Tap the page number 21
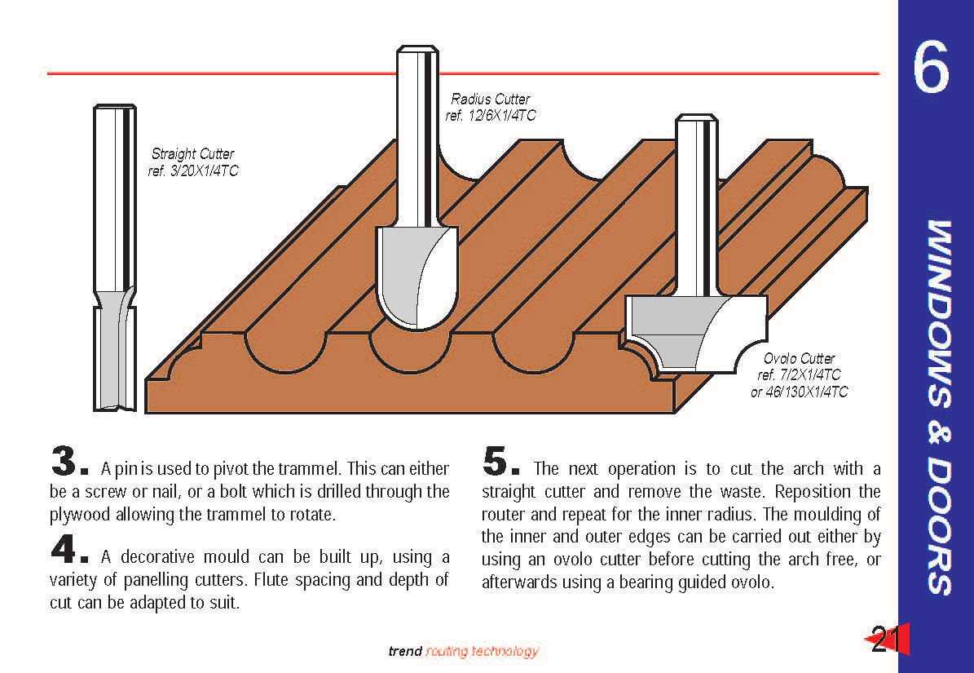(x=884, y=640)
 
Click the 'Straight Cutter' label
(x=192, y=153)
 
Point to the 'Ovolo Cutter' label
(x=799, y=358)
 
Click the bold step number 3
(x=64, y=463)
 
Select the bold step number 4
(x=64, y=551)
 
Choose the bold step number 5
(x=496, y=463)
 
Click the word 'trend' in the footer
(x=405, y=651)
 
